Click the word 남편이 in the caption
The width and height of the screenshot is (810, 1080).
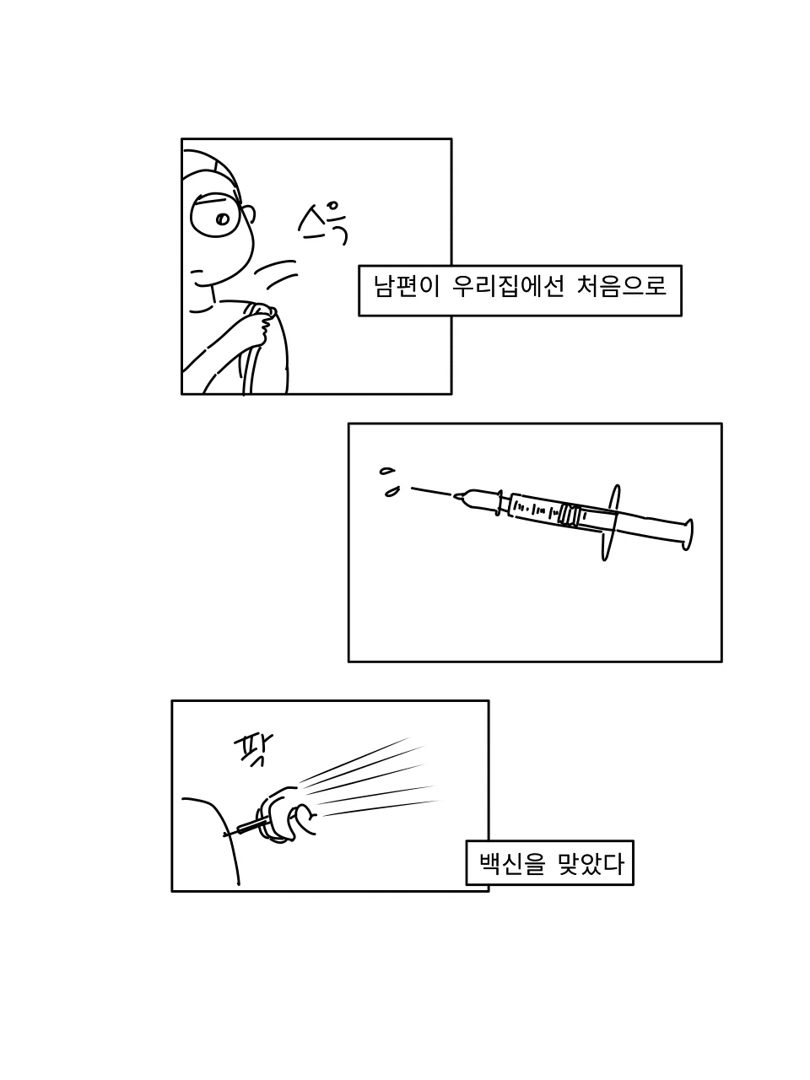406,286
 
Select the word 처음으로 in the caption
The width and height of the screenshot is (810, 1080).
621,286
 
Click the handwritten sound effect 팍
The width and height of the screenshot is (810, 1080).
253,751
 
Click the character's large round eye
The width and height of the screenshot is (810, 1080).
216,215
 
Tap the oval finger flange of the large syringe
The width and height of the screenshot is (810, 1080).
610,522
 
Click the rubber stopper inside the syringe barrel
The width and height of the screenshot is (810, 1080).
570,516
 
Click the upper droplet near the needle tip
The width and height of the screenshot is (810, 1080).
387,471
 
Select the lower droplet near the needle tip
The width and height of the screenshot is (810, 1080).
392,492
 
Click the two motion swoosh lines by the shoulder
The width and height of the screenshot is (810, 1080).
277,274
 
